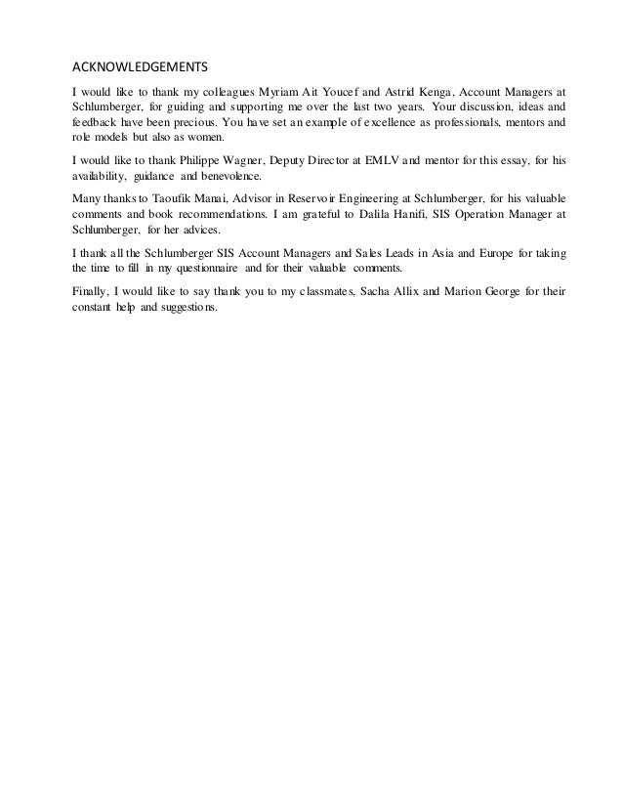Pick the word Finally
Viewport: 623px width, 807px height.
(95, 287)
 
